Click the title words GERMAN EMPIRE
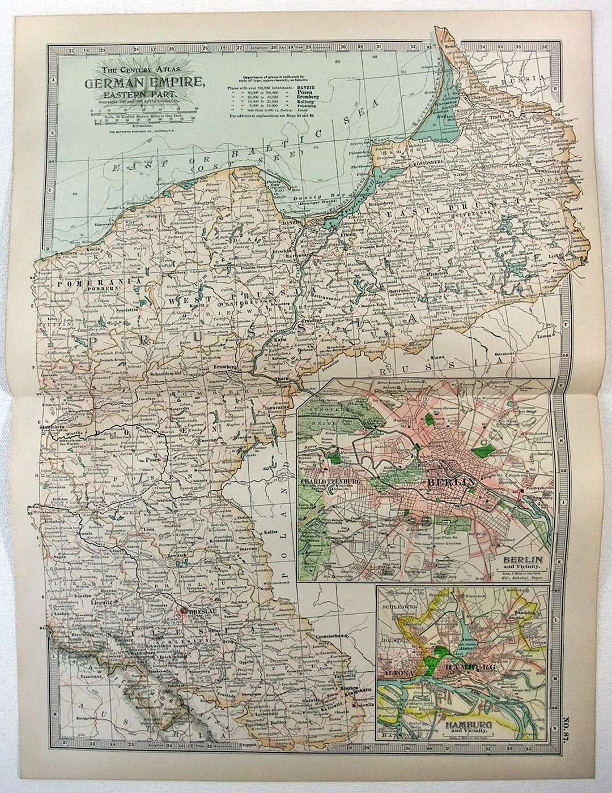[145, 83]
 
